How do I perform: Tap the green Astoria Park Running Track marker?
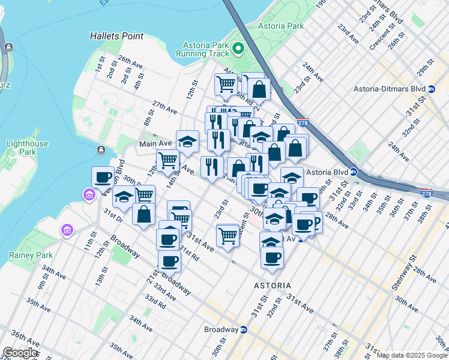tap(238, 48)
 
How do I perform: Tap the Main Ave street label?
tap(155, 144)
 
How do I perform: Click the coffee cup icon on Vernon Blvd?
tap(103, 177)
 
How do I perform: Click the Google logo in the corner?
tap(20, 353)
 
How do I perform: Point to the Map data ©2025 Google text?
tap(412, 355)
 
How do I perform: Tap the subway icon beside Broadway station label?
tap(244, 329)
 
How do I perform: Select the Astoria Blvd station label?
tap(327, 172)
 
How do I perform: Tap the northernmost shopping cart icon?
tap(226, 84)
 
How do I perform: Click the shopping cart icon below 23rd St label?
tap(228, 235)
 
